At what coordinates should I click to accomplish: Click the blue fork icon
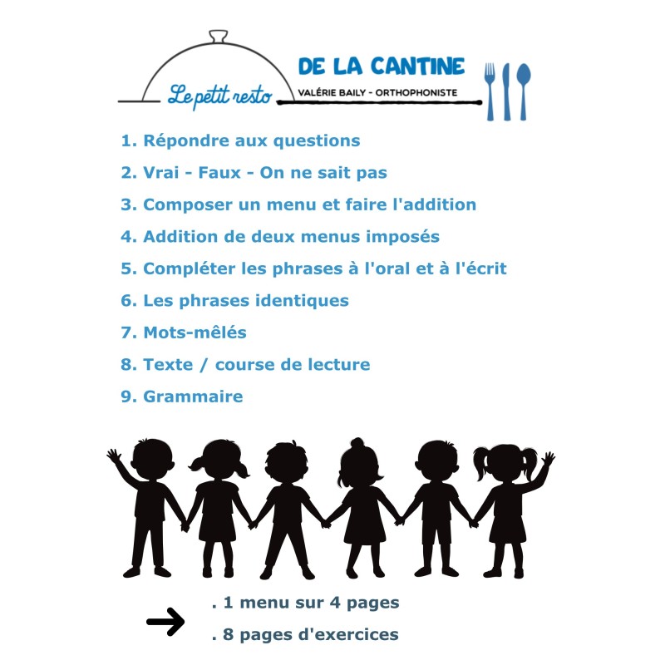click(490, 91)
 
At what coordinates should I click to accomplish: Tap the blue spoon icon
click(524, 91)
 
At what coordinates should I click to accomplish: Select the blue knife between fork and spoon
click(506, 91)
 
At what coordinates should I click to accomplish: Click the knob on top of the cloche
click(219, 37)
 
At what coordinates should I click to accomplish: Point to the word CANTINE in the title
click(418, 66)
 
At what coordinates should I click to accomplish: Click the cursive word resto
click(253, 96)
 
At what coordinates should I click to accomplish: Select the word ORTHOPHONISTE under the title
click(416, 92)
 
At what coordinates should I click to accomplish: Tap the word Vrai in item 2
click(160, 173)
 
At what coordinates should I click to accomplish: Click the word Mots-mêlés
click(195, 332)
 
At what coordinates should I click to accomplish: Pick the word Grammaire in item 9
click(193, 397)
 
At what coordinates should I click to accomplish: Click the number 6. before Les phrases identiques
click(129, 301)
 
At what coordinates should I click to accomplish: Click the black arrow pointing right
click(165, 622)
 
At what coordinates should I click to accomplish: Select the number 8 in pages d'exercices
click(228, 634)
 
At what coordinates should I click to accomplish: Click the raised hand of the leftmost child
click(114, 456)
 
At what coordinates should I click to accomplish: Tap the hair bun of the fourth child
click(357, 443)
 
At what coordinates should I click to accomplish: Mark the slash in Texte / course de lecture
click(204, 365)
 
